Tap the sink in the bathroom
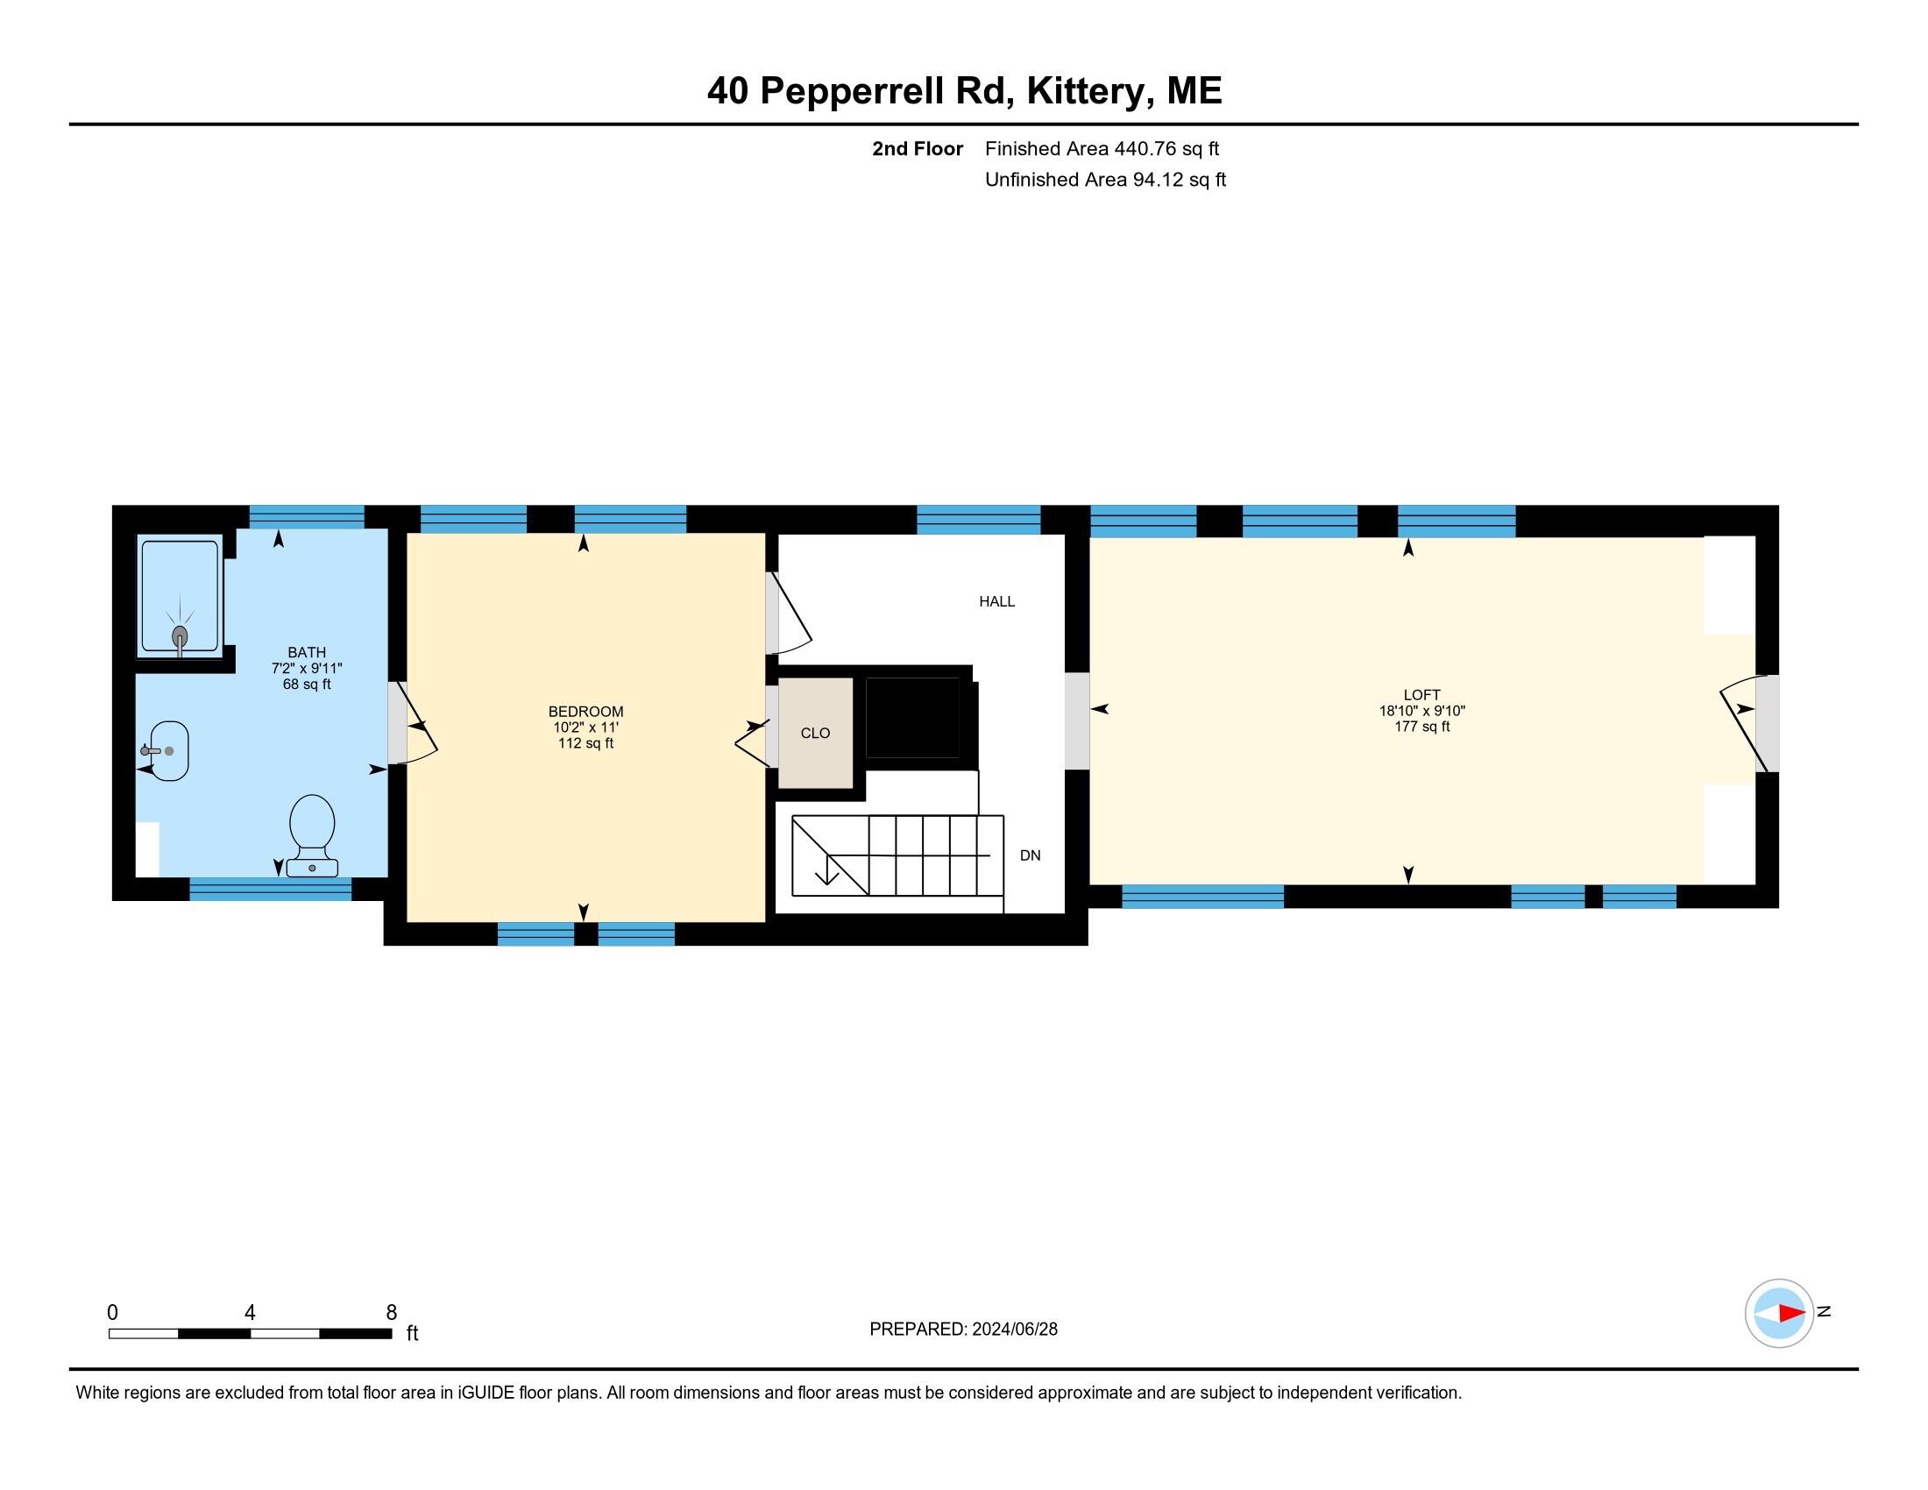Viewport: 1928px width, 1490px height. point(167,750)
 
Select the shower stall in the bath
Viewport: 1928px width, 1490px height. point(179,598)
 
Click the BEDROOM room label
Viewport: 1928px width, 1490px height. point(585,712)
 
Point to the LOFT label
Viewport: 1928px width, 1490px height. point(1421,695)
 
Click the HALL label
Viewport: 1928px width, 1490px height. point(996,602)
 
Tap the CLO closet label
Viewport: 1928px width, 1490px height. point(815,734)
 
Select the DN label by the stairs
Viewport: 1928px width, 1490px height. point(1030,855)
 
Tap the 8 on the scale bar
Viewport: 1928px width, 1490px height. point(391,1313)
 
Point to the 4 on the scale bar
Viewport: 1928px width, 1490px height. point(250,1313)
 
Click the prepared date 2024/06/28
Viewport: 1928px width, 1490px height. point(1014,1330)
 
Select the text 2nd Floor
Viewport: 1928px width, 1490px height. point(918,149)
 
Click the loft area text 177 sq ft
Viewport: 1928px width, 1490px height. point(1421,727)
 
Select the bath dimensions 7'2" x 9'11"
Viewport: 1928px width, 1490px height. point(307,668)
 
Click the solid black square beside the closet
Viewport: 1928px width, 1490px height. point(912,717)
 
